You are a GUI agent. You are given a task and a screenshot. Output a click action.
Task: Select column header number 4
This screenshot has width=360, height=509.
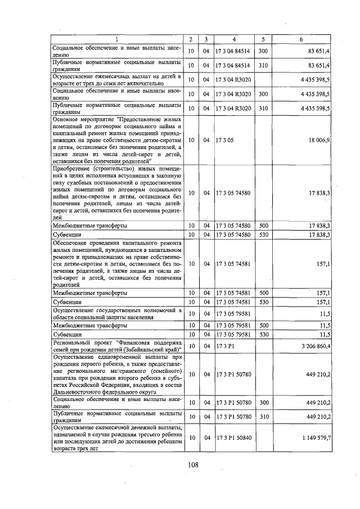pos(234,39)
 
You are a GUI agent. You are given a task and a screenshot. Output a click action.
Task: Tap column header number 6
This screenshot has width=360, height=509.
pos(301,39)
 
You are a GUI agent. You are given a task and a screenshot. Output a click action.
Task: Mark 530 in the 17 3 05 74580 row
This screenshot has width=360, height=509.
pos(263,235)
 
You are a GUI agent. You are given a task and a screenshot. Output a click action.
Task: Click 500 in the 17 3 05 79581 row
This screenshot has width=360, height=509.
pos(263,325)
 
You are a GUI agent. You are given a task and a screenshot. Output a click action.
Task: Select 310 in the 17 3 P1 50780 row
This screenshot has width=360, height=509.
pos(263,417)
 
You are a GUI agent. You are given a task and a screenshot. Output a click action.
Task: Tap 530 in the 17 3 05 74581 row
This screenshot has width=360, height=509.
pos(263,302)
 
